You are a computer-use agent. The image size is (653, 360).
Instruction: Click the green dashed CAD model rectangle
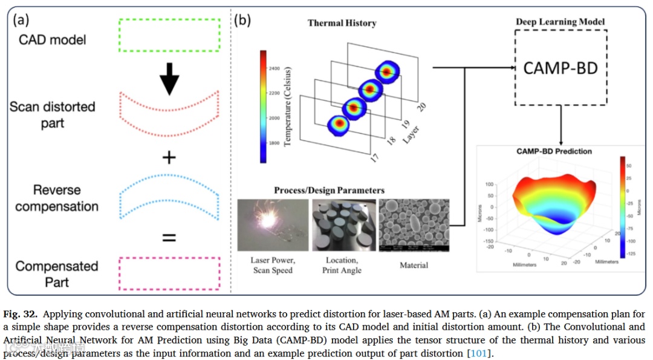(169, 36)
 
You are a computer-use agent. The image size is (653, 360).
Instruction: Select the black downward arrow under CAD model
(169, 78)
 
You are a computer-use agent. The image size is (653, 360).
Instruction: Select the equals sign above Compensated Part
(169, 238)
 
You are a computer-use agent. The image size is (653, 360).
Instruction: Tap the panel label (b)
(243, 19)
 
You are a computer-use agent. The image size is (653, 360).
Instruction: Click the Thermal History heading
(342, 23)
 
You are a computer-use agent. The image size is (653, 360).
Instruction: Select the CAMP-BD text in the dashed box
(560, 67)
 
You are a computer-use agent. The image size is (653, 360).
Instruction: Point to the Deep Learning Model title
(560, 22)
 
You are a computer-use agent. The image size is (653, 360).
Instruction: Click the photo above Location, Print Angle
(342, 224)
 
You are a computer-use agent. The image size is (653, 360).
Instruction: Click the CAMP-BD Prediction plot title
(554, 151)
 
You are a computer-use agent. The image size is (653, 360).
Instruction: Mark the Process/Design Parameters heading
(329, 190)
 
